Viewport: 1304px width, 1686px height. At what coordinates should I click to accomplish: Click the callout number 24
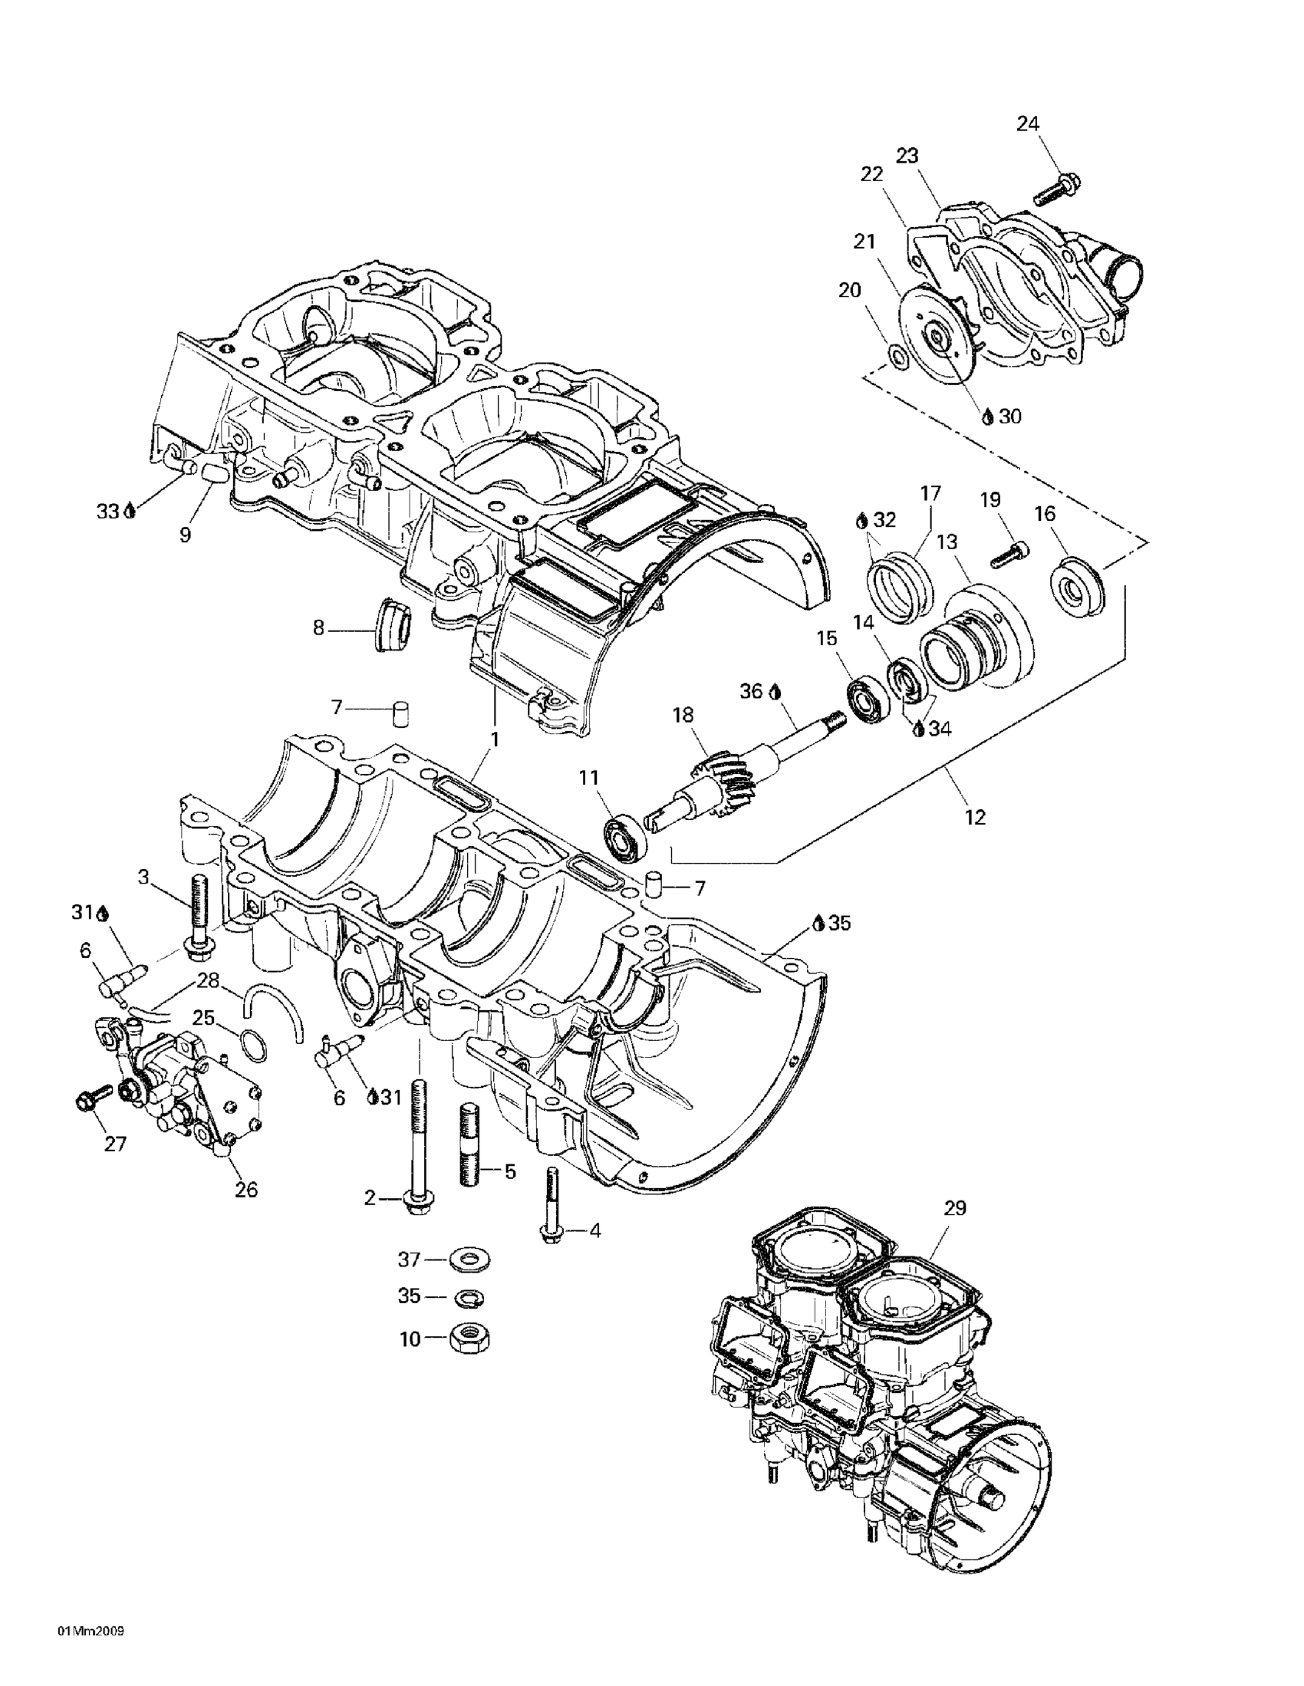coord(1028,123)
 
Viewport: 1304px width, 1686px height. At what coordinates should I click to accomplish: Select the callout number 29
coord(955,1208)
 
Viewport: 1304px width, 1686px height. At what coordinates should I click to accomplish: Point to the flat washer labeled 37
coord(468,1260)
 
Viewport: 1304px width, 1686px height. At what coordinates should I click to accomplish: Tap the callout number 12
coord(976,817)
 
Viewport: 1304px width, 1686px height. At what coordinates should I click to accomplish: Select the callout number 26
coord(246,1190)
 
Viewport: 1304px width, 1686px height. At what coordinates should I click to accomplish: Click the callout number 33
coord(107,511)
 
